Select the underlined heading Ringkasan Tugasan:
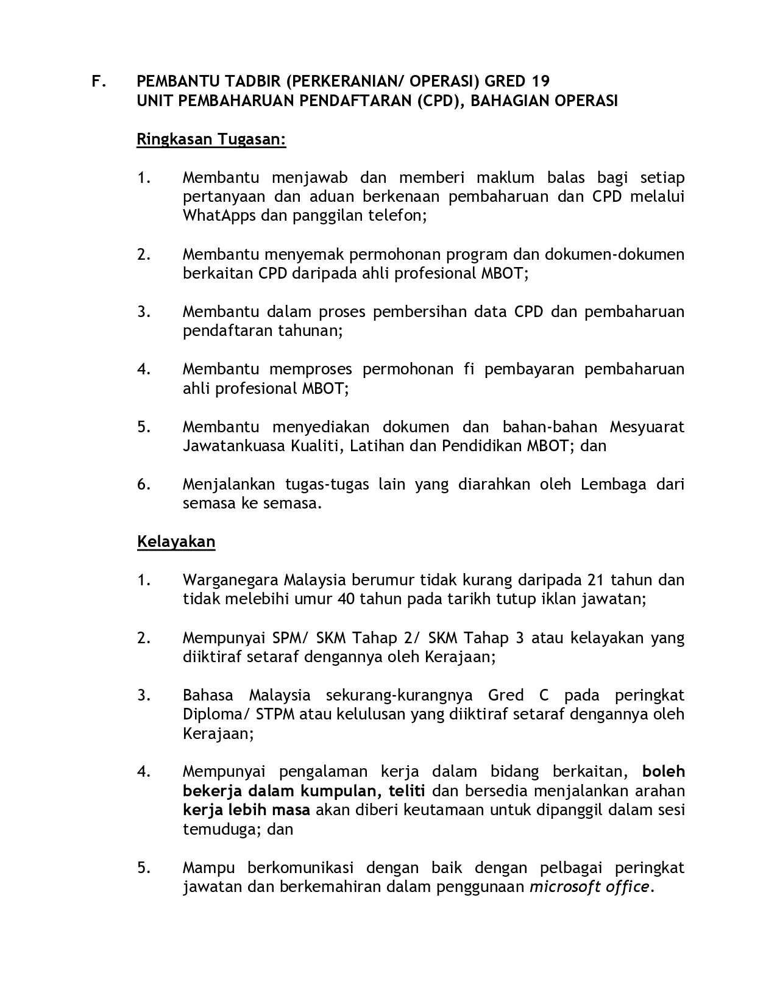pos(211,140)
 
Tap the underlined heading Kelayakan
pos(176,542)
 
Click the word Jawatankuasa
pos(234,446)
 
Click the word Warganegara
pos(231,580)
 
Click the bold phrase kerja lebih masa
pos(246,810)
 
